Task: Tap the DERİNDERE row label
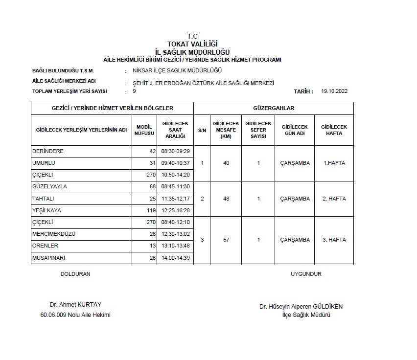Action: [48, 151]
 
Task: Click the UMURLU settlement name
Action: [44, 163]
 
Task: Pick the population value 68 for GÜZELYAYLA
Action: [152, 186]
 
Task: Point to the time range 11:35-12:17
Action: [175, 199]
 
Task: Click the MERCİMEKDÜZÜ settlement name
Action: [54, 234]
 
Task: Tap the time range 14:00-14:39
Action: [175, 257]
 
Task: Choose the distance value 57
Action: [226, 240]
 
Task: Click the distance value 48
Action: [226, 199]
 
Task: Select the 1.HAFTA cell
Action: [334, 163]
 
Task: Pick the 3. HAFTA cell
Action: [334, 240]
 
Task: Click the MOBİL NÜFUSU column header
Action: [145, 130]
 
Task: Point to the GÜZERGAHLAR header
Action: [274, 108]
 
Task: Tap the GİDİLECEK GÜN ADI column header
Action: [295, 130]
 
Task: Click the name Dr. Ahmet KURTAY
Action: [75, 304]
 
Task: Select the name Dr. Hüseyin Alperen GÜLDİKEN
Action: [301, 307]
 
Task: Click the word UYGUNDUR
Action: [306, 274]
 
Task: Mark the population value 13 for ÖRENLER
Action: [152, 246]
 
